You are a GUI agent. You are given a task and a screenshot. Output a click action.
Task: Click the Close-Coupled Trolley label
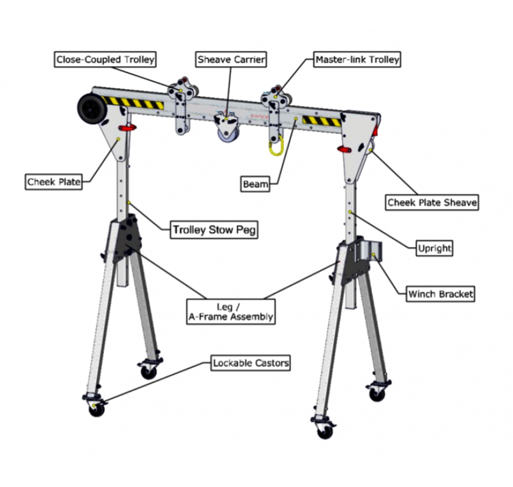pos(105,60)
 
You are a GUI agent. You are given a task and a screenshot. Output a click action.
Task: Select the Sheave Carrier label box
pos(231,60)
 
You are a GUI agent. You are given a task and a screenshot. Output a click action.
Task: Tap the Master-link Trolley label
pos(357,60)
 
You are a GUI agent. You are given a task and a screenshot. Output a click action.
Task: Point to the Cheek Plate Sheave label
pos(432,202)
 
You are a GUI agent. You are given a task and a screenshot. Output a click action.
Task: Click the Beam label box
pos(255,184)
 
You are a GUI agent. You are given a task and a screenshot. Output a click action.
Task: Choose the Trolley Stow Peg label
pos(214,229)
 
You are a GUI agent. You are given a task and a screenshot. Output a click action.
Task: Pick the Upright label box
pos(434,248)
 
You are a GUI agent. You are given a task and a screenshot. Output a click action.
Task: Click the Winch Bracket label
pos(440,294)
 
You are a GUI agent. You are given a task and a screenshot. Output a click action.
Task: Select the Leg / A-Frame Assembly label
pos(231,311)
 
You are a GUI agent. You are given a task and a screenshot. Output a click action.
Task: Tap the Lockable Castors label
pos(251,363)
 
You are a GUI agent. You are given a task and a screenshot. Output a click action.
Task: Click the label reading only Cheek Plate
pos(54,182)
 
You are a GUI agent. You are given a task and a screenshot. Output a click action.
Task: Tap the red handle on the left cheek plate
pos(128,128)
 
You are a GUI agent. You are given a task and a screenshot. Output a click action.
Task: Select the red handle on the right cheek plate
pos(344,149)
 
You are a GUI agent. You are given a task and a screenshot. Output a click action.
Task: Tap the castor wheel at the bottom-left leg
pos(96,409)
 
